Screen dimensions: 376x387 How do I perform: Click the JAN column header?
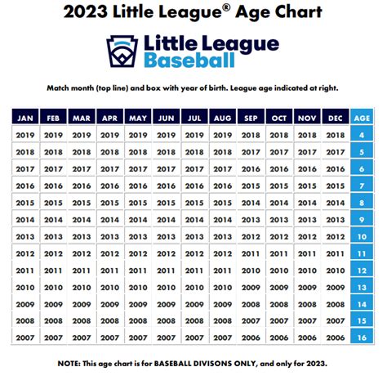click(24, 118)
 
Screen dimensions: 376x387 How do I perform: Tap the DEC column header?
click(334, 118)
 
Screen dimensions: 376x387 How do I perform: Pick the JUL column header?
click(193, 118)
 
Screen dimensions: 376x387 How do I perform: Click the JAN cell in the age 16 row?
click(24, 338)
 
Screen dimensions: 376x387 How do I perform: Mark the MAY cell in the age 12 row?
click(137, 270)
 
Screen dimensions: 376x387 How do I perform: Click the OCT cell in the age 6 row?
click(278, 168)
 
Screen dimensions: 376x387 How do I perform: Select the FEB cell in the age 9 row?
click(52, 219)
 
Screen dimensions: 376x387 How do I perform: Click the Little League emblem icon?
click(123, 51)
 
